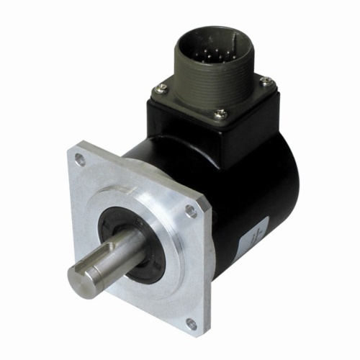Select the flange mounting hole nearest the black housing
click(190, 211)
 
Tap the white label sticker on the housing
click(253, 238)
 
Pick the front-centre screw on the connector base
click(221, 113)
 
